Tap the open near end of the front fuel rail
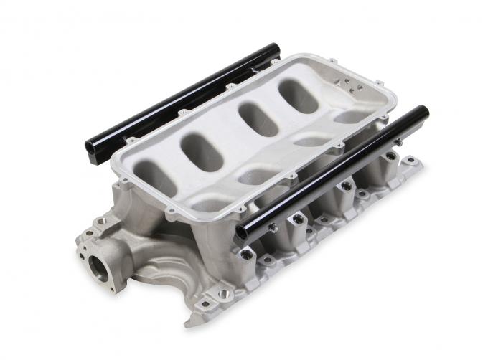coord(242,231)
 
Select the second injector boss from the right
coord(347,186)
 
